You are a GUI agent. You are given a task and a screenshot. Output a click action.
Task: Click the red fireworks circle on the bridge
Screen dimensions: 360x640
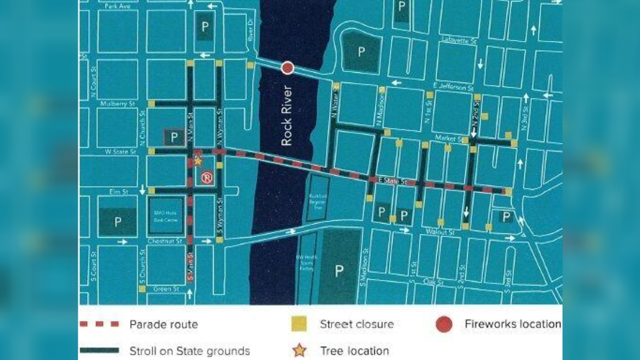(287, 68)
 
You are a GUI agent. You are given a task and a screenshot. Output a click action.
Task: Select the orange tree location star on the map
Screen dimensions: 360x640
(198, 161)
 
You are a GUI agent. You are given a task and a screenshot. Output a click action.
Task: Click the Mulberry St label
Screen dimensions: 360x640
(120, 104)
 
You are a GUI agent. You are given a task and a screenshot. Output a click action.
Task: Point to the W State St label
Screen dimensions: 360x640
(120, 152)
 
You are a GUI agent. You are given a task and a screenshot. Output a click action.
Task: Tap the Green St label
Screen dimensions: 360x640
(166, 289)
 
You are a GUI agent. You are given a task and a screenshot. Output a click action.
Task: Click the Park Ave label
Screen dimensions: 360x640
(117, 6)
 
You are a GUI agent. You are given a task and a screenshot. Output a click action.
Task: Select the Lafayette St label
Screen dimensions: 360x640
(460, 41)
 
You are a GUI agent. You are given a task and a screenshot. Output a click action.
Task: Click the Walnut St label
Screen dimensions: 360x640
(441, 232)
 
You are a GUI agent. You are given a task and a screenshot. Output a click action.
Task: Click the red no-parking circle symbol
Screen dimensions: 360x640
(207, 178)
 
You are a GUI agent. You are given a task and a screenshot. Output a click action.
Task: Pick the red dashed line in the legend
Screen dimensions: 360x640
(99, 324)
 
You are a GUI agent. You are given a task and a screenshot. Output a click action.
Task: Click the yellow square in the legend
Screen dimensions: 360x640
(298, 324)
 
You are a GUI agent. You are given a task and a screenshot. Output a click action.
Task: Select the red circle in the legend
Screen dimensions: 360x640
(444, 324)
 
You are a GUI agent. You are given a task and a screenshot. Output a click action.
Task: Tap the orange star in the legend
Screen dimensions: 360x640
(298, 351)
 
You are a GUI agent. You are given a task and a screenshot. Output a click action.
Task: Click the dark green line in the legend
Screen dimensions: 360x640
(99, 351)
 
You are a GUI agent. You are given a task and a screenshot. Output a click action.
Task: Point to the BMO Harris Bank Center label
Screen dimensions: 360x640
(161, 215)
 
